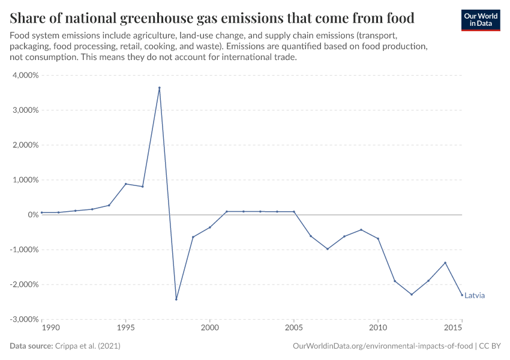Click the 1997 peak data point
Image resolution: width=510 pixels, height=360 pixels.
coord(159,88)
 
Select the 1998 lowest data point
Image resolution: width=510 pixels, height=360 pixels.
coord(176,299)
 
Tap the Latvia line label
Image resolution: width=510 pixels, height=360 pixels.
coord(474,295)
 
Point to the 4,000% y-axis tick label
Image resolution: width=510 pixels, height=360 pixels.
coord(25,76)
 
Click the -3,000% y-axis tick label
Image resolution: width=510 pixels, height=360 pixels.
coord(23,319)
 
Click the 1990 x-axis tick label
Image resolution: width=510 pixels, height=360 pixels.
coord(50,328)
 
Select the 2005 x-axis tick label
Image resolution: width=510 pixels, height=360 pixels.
coord(293,328)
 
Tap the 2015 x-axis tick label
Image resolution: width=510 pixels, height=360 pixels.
coord(453,328)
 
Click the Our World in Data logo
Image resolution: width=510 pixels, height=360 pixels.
coord(480,20)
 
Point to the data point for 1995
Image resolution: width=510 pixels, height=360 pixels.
coord(125,184)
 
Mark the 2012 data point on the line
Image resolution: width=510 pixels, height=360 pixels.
coord(412,294)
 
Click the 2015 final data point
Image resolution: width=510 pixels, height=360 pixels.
coord(462,295)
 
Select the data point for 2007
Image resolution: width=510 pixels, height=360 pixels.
coord(327,248)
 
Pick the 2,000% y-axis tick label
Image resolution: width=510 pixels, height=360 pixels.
coord(25,145)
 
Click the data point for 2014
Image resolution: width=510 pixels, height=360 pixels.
coord(445,263)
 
